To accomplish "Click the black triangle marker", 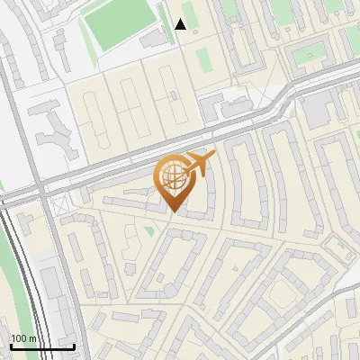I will pyautogui.click(x=181, y=24).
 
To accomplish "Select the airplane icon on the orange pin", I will pyautogui.click(x=199, y=164).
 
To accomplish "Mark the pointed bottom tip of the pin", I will pyautogui.click(x=174, y=212).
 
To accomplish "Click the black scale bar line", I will pyautogui.click(x=42, y=346).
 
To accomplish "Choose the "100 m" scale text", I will pyautogui.click(x=23, y=338).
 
